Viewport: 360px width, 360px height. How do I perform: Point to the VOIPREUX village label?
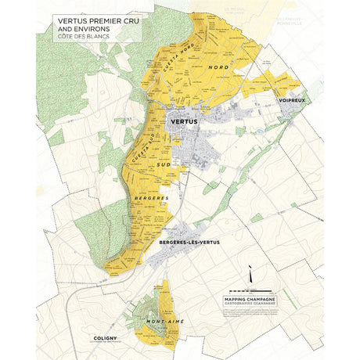tap(290, 101)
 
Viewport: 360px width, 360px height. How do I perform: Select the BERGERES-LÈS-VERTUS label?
tap(189, 242)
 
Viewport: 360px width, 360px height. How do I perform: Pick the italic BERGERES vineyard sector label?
tap(153, 200)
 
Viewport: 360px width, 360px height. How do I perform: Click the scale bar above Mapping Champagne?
tap(250, 290)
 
